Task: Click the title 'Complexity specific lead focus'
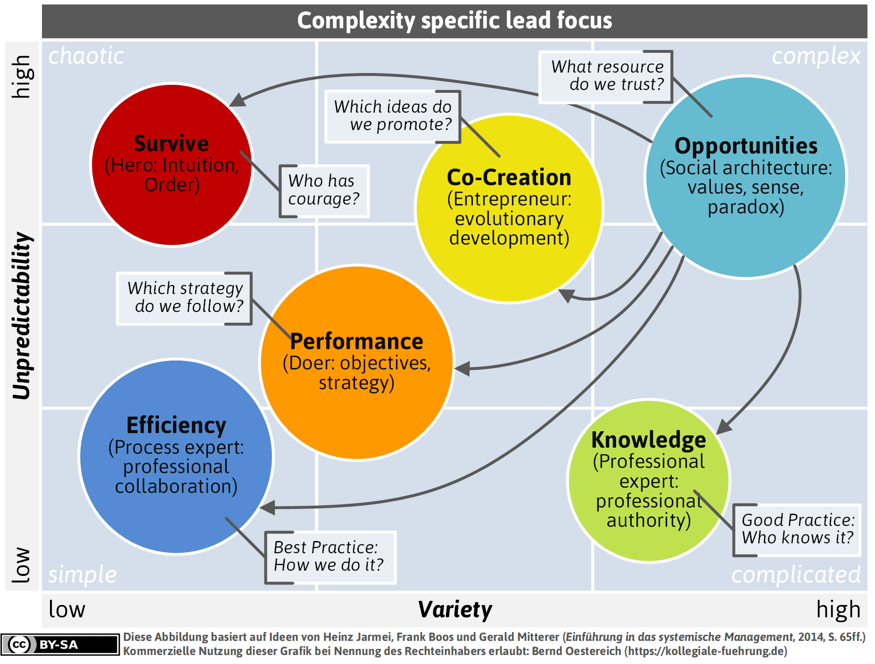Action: coord(454,21)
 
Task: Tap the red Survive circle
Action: coord(172,164)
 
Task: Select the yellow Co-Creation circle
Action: coord(509,208)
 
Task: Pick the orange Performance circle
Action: coord(357,362)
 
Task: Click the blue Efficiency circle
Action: coord(176,456)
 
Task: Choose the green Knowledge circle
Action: coord(649,481)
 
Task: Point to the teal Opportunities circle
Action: coord(746,177)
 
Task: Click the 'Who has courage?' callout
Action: coord(324,191)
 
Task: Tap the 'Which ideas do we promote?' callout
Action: coord(393,116)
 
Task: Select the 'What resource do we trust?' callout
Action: coord(606,76)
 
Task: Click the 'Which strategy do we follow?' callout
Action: coord(184,298)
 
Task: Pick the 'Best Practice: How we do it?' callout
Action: coord(330,557)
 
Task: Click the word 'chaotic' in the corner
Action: coord(86,56)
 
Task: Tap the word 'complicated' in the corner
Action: coord(796,575)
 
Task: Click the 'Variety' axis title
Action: coord(455,609)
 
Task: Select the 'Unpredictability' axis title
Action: coord(22,316)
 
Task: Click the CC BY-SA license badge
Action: coord(60,644)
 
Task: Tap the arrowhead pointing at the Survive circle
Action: coord(238,100)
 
